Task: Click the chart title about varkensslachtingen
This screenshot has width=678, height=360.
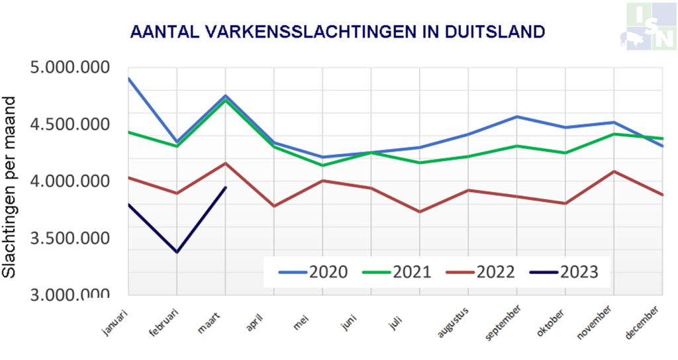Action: [338, 31]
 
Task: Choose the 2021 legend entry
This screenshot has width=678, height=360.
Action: [397, 272]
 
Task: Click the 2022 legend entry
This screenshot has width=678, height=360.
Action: [481, 272]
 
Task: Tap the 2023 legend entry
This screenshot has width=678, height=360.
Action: [564, 272]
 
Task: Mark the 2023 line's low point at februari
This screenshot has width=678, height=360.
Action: [177, 252]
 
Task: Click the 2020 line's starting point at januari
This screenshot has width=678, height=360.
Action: [128, 78]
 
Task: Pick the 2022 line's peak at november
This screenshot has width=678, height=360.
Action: [614, 171]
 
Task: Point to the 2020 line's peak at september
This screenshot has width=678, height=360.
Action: [516, 116]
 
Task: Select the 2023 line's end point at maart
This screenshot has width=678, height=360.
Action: [226, 187]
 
